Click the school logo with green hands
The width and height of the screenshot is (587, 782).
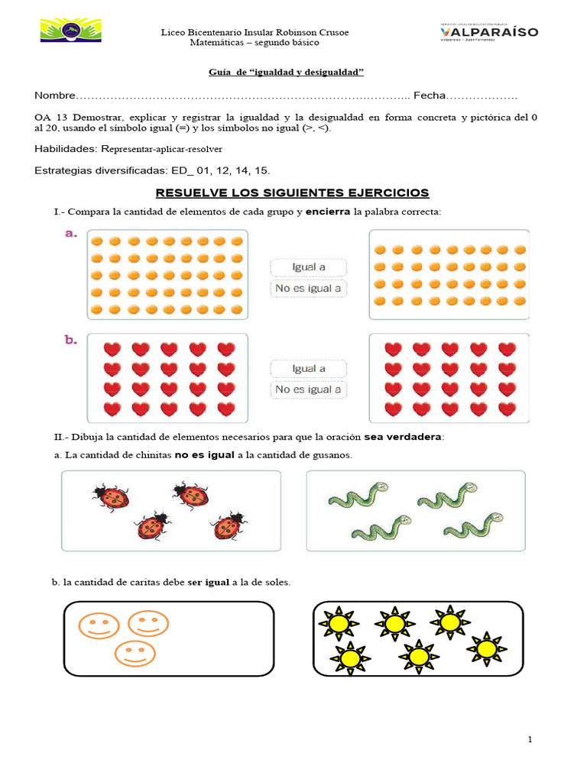click(x=70, y=31)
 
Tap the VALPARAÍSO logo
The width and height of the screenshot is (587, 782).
click(x=489, y=32)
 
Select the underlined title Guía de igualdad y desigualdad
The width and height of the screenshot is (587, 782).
click(x=287, y=72)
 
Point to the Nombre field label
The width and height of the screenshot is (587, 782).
click(x=55, y=95)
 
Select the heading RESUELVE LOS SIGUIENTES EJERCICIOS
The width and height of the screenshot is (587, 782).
click(x=293, y=192)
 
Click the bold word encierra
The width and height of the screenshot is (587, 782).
click(x=328, y=211)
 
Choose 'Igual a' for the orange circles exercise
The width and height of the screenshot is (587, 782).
click(x=309, y=267)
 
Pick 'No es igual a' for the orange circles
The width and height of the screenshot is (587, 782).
click(x=308, y=289)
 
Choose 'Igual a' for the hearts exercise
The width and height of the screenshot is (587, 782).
click(x=309, y=368)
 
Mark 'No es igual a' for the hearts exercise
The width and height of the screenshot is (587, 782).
click(x=308, y=389)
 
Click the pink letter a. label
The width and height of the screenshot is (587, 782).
click(x=70, y=235)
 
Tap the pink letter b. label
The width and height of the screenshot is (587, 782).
click(x=70, y=341)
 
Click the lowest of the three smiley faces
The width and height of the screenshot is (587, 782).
click(x=135, y=654)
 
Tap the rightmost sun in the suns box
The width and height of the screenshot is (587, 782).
click(x=485, y=648)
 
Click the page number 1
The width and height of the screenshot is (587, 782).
click(x=530, y=740)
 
